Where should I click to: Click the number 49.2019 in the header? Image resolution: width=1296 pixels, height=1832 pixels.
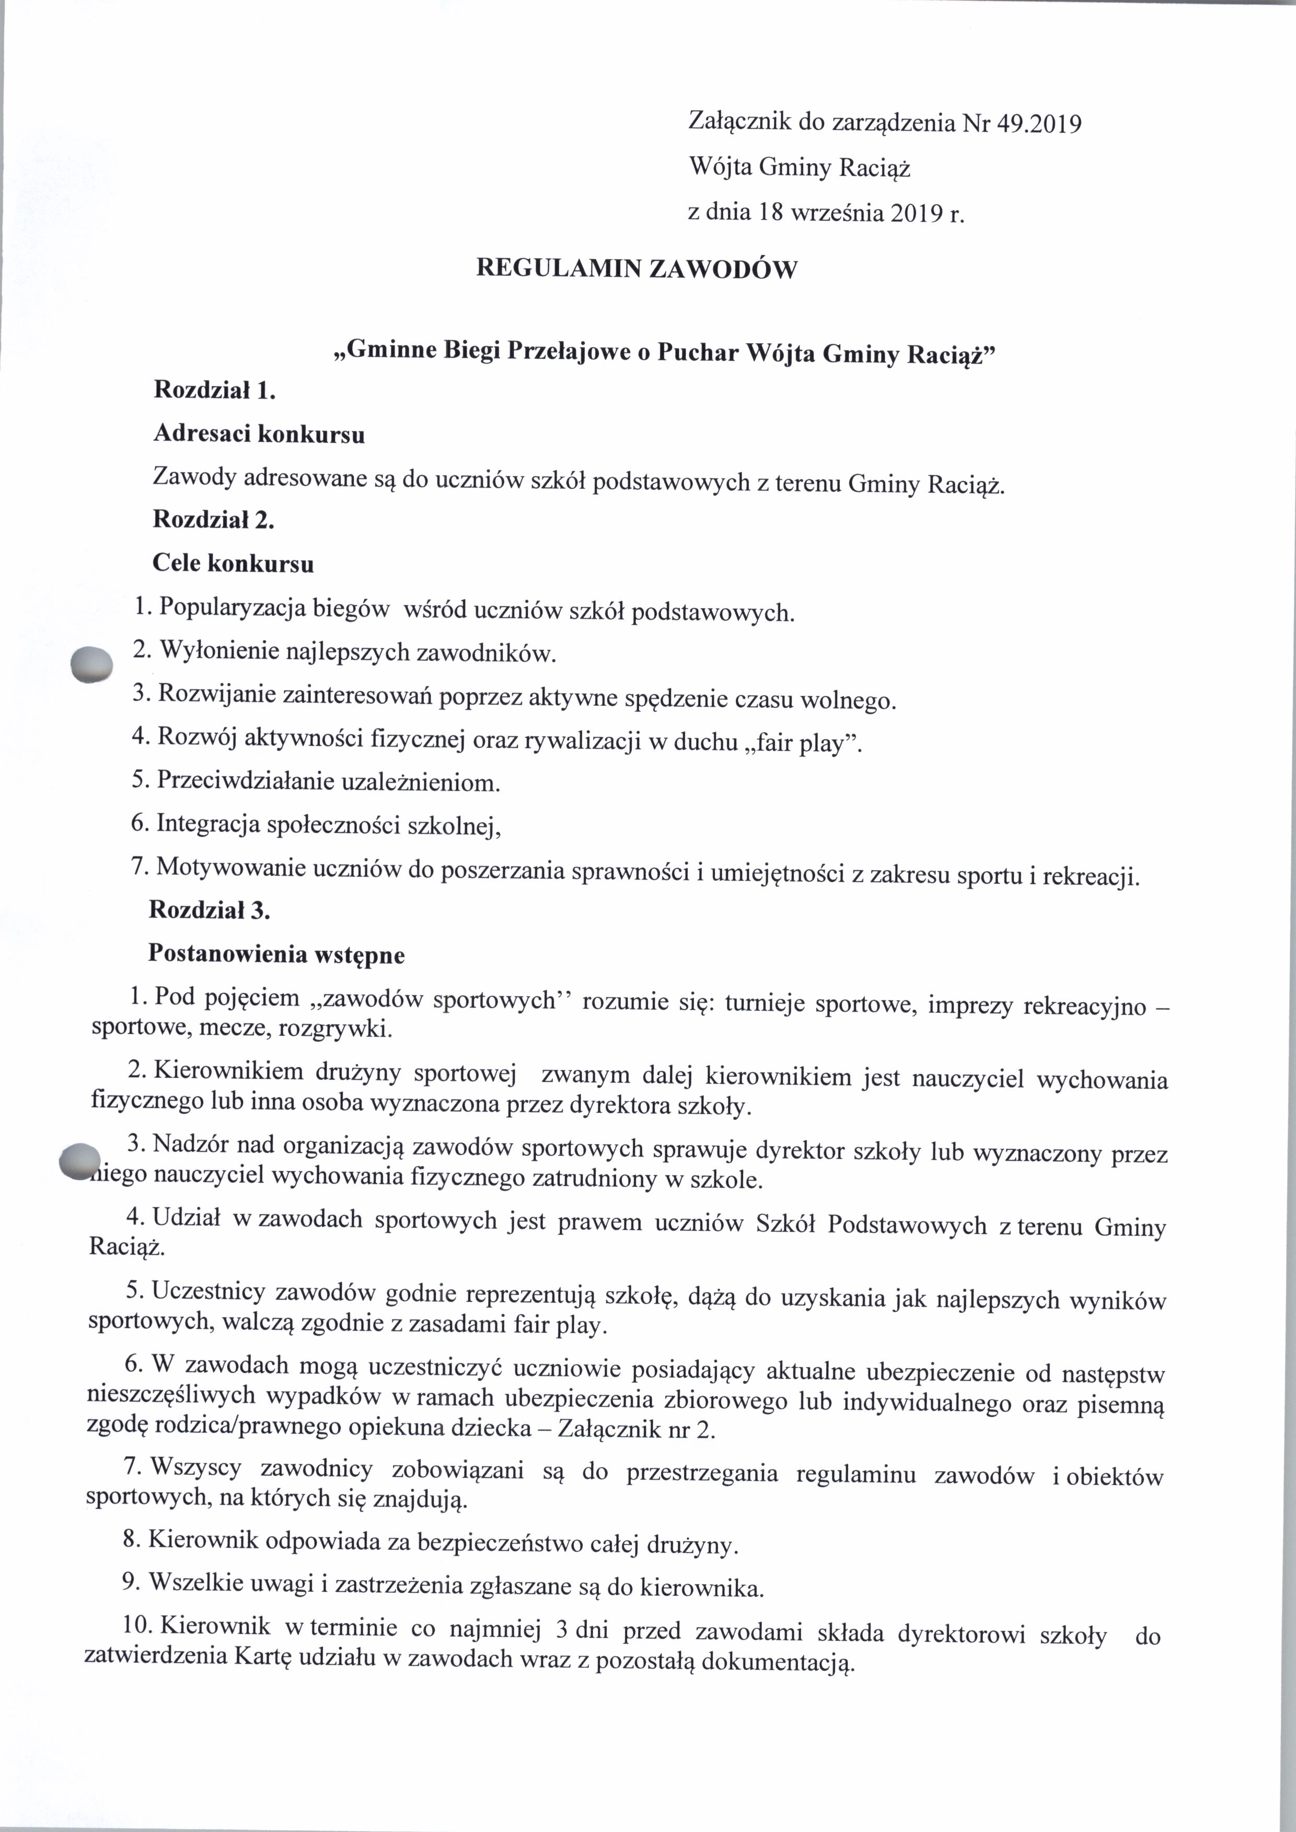(1035, 124)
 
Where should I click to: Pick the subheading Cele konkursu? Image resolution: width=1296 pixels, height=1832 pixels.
(233, 563)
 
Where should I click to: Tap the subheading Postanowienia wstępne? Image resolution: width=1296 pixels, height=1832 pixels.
(276, 954)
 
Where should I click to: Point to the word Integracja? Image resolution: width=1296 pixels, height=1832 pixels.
(207, 823)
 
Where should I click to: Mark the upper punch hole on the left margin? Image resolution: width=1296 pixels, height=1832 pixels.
(92, 663)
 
